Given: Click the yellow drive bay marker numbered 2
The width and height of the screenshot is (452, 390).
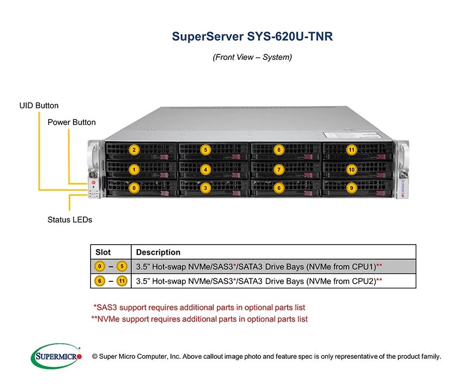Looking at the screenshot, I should coord(134,149).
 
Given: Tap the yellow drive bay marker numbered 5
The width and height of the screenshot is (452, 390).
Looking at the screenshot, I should coord(206,149).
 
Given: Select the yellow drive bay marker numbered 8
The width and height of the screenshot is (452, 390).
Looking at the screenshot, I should coord(279,149).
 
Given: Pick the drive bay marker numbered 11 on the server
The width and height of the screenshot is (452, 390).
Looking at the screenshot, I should coord(351,149).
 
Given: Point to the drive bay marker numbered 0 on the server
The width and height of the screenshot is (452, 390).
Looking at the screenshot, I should coord(134,188).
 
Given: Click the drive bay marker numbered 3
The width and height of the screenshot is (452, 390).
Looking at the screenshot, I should coord(206,188).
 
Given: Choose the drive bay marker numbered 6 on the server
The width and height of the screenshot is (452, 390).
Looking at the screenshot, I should coord(279,188).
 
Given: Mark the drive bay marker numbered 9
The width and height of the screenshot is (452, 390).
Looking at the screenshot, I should coord(351,188).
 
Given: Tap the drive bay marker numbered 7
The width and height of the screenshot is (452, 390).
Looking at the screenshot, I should coord(279,170).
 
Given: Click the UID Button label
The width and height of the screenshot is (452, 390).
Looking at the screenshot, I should coord(39,106).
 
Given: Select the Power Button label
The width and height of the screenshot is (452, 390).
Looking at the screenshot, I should coord(71,122).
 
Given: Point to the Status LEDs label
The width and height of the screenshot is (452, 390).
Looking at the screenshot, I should coord(70,219).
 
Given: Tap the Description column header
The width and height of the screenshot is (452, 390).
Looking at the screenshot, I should coord(158,252).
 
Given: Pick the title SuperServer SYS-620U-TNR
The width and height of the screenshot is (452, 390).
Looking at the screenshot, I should coord(252,37).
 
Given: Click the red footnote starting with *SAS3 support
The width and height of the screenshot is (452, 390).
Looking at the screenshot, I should coord(199,307).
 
